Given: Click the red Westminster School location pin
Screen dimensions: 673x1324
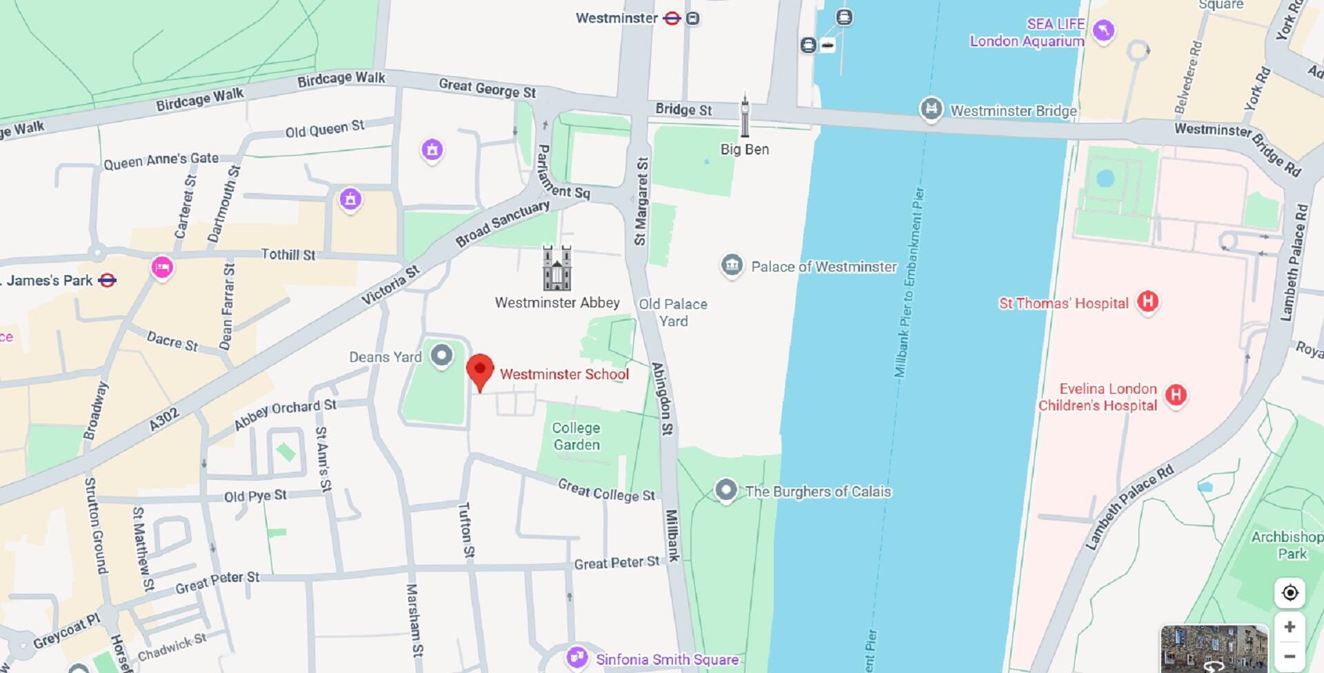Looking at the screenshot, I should click(480, 370).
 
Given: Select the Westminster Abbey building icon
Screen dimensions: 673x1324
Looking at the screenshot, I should click(556, 268).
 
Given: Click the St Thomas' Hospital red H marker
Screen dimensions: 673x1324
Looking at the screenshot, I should click(1147, 301).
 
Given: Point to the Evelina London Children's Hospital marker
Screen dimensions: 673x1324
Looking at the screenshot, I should click(1176, 395).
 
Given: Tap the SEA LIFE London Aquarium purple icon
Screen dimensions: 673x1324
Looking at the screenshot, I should click(1103, 31).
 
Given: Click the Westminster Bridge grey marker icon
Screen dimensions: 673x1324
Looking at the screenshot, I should click(931, 109).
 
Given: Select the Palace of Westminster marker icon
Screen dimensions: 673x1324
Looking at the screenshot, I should click(732, 265).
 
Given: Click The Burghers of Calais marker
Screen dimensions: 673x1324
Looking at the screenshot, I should click(725, 490).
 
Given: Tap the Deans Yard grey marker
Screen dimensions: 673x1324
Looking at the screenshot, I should click(441, 356).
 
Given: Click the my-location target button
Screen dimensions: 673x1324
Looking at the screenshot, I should click(1290, 593).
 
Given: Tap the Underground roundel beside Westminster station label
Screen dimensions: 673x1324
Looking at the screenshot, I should click(672, 19).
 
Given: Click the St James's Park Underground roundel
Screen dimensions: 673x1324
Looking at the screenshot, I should click(108, 280).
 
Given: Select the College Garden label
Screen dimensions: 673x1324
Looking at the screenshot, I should click(576, 436).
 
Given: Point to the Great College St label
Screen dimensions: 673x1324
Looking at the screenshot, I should click(606, 490).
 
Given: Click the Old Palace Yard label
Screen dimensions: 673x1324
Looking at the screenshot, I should click(672, 312).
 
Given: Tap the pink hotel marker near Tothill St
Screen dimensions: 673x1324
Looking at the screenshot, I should click(162, 267).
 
